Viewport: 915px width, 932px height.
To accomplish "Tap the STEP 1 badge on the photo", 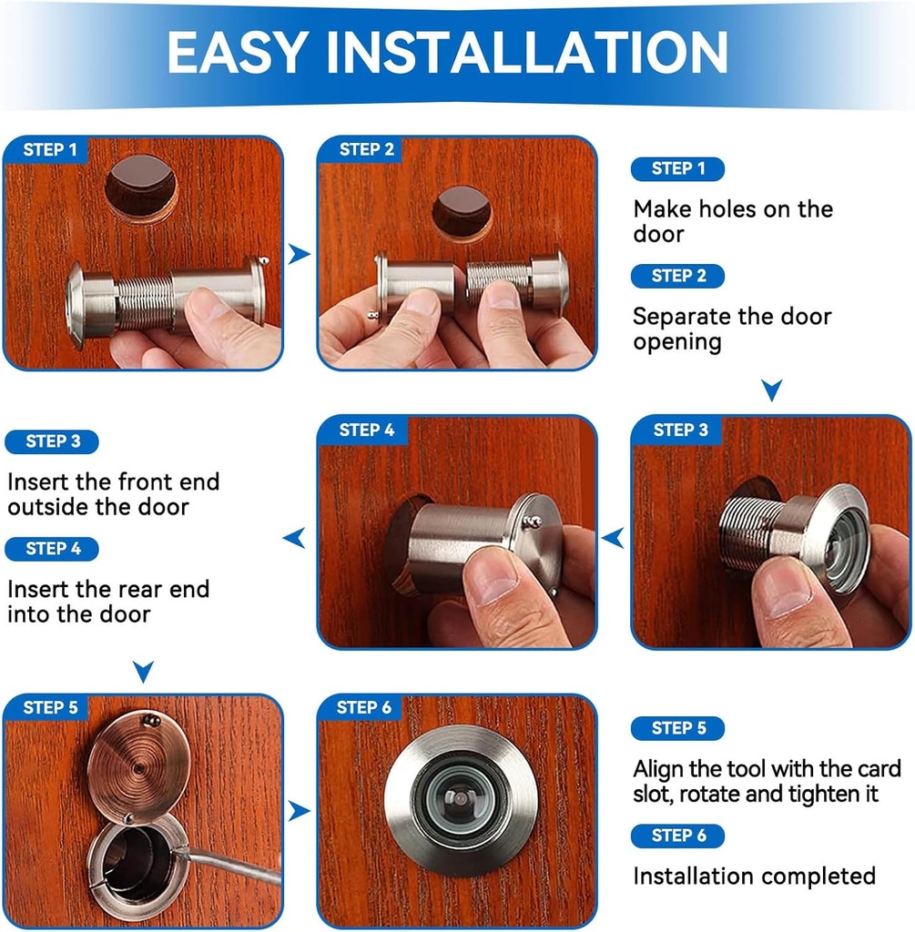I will (x=50, y=150).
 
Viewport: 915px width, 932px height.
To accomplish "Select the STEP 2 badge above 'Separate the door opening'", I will (x=676, y=276).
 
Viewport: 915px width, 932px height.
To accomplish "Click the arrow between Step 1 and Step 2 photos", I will (x=299, y=254).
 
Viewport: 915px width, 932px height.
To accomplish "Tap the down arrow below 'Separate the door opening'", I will (x=771, y=390).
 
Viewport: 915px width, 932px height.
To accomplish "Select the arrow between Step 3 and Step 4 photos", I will (x=613, y=538).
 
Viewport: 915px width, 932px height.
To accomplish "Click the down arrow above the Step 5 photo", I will (x=143, y=672).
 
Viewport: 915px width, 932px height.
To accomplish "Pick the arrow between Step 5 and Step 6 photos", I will (x=299, y=810).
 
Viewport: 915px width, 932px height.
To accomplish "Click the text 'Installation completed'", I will (x=754, y=876).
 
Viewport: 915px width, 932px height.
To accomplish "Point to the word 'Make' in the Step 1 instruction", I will (x=663, y=209).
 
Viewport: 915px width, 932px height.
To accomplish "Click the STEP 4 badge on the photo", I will (x=367, y=430).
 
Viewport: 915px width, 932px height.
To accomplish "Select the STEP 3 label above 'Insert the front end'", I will (x=53, y=441).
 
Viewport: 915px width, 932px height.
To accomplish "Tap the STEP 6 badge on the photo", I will (x=364, y=708).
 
